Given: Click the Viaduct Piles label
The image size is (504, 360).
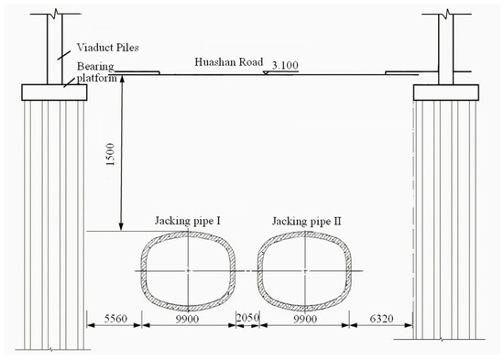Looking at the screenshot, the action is [x=108, y=48].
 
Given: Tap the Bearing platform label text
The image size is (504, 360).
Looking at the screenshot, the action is [x=96, y=72].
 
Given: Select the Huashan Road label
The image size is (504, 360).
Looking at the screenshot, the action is [x=229, y=61].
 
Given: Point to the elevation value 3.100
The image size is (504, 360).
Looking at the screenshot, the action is [x=285, y=65].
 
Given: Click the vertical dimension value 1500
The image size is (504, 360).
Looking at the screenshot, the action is [x=110, y=155].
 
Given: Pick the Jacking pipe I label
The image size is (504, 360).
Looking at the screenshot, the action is [x=188, y=221].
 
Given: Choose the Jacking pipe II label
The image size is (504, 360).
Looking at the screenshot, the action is [x=307, y=222].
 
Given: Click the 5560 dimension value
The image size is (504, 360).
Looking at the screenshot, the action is [x=115, y=319].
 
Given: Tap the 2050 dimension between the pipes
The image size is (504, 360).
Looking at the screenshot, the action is [x=247, y=318].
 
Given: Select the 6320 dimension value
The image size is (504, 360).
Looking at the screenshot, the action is [x=381, y=319].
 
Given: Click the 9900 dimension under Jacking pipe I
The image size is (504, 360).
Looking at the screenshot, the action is [x=187, y=319].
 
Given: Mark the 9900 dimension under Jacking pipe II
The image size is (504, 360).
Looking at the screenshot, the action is [x=305, y=319].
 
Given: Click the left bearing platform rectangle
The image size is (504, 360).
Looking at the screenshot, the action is [x=54, y=93].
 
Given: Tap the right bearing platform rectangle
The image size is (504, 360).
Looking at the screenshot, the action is [x=446, y=93].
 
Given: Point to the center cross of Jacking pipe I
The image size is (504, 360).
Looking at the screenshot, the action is [x=188, y=271].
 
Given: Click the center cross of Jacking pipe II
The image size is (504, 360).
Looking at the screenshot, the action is [x=305, y=271].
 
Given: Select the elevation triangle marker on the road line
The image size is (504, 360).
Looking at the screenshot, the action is [x=266, y=72].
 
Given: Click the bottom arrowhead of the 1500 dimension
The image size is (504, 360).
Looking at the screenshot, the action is [x=121, y=227].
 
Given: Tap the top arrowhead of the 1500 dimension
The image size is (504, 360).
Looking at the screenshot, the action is [x=122, y=79].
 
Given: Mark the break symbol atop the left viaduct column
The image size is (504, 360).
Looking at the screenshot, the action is [x=56, y=14].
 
